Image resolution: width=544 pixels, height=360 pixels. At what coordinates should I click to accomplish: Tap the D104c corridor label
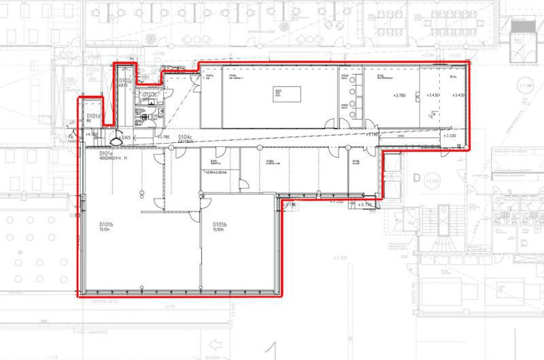pyautogui.click(x=186, y=138)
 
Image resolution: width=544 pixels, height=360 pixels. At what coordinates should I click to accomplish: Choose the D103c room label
pyautogui.click(x=150, y=93)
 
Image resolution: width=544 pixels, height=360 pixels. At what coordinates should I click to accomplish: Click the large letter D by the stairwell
pyautogui.click(x=415, y=178)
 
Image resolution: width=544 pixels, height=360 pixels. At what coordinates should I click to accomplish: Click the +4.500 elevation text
pyautogui.click(x=91, y=134)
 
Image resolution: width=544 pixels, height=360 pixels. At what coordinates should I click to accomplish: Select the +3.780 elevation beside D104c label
pyautogui.click(x=163, y=137)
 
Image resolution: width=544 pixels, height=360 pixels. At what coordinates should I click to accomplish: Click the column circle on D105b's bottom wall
pyautogui.click(x=202, y=293)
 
